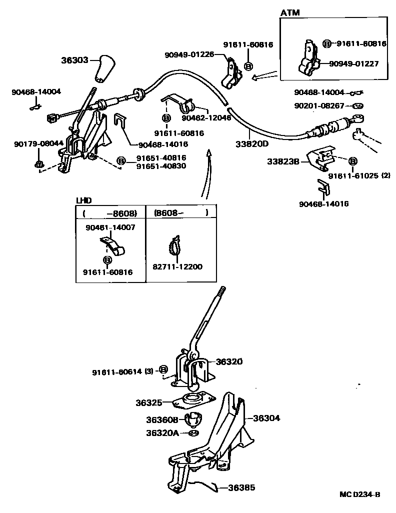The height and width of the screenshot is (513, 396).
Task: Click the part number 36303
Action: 74,60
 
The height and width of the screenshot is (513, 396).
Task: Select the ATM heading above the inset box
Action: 290,12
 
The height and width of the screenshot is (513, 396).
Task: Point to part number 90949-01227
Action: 353,63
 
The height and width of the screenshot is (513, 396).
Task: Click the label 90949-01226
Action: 189,54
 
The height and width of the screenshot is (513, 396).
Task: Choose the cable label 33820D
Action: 252,144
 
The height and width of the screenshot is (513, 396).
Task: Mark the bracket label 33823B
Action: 283,161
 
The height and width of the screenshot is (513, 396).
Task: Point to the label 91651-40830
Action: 161,166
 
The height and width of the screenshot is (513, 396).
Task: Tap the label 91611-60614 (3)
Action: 122,371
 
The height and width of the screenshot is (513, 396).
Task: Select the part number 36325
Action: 148,402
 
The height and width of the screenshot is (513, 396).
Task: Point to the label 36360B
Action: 162,420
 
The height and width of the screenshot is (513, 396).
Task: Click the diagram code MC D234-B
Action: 359,494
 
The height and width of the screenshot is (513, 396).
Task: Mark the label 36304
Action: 266,418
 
